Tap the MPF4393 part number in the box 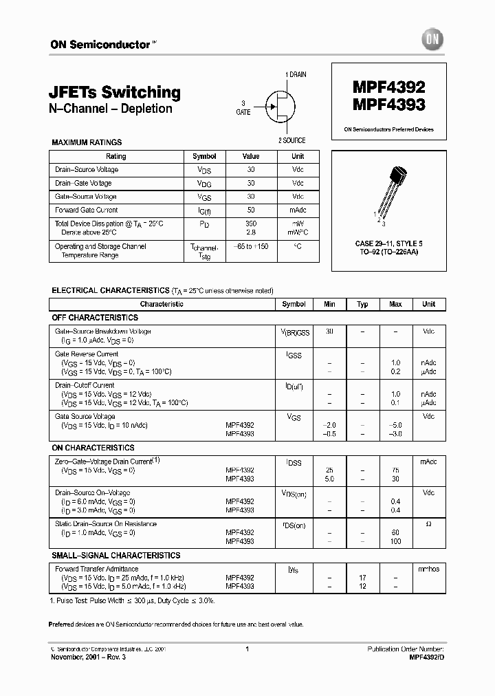pos(389,105)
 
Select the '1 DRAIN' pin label pos(296,74)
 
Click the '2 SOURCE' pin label pos(292,140)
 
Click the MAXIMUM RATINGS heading pos(87,142)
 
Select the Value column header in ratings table pos(251,156)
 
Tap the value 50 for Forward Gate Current pos(251,210)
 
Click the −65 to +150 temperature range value pos(251,246)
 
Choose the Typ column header pos(362,304)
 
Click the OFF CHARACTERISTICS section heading pos(95,318)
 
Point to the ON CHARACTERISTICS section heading pos(93,448)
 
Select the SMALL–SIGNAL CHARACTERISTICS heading pos(116,555)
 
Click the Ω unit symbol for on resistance pos(428,524)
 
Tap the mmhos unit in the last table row pos(428,569)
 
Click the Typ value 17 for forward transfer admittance pos(362,578)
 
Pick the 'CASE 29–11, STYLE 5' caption pos(388,245)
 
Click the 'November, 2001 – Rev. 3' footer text pos(89,657)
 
